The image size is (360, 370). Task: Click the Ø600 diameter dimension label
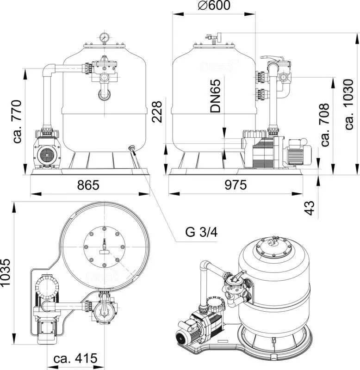point(214,5)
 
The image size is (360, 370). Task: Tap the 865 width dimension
point(88,185)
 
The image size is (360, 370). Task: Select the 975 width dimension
point(236,185)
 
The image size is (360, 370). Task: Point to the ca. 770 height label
point(17,122)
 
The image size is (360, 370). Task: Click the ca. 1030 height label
point(349,104)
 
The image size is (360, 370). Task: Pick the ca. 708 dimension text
point(325,124)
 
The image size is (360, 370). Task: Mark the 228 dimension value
point(157,112)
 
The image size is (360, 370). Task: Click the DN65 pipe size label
point(215,96)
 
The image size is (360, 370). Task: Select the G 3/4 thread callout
point(201,232)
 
